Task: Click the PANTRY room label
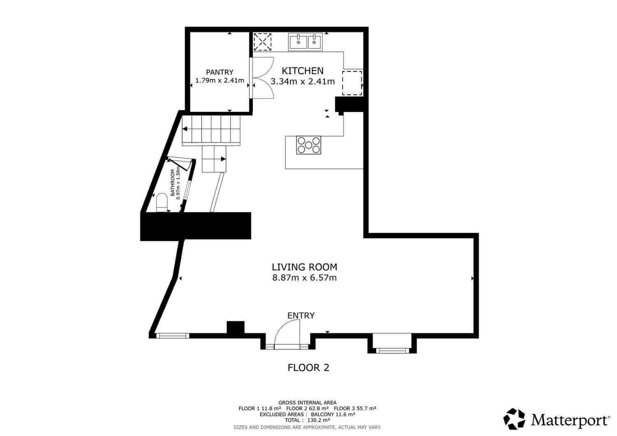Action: point(220,72)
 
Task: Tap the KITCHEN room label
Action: point(302,71)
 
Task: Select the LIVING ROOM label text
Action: point(304,267)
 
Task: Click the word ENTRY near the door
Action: point(301,316)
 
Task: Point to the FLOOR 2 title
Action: point(308,367)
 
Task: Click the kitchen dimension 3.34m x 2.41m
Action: point(302,81)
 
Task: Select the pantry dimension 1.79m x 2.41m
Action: point(220,81)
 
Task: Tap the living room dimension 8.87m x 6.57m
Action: point(304,278)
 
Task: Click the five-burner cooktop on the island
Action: point(308,145)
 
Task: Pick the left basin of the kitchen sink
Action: point(298,42)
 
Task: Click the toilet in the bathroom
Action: point(162,202)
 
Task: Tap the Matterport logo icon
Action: point(514,419)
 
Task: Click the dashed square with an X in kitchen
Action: point(262,42)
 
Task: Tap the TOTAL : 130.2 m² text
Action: point(307,420)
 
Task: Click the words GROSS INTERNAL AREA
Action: point(307,403)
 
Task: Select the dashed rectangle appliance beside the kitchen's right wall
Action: point(352,83)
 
